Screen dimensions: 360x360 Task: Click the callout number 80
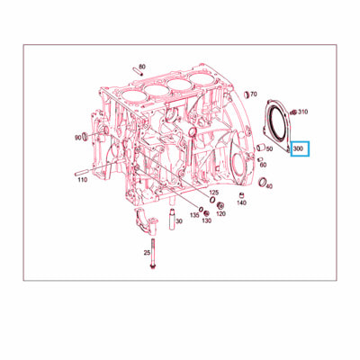click(x=142, y=67)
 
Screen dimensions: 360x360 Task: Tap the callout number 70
click(x=254, y=94)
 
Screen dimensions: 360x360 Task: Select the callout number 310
click(x=302, y=112)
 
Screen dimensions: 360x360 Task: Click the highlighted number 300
click(x=298, y=148)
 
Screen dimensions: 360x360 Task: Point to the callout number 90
click(x=78, y=138)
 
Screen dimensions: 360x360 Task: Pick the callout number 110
click(x=82, y=180)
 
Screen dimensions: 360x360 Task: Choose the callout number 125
click(x=214, y=193)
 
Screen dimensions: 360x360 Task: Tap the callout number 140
click(x=241, y=202)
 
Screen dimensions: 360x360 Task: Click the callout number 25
click(x=147, y=253)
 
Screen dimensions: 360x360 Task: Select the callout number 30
click(x=179, y=221)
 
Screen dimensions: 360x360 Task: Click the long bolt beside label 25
click(x=153, y=254)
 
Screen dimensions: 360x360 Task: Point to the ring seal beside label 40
click(x=263, y=181)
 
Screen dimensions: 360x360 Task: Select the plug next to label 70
click(x=247, y=94)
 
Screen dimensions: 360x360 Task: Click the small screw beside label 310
click(x=293, y=112)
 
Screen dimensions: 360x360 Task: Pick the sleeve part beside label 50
click(x=260, y=148)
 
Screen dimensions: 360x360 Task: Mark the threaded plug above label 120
click(x=220, y=206)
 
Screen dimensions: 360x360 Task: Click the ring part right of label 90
click(x=85, y=137)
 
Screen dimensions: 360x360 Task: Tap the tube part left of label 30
click(x=172, y=219)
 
